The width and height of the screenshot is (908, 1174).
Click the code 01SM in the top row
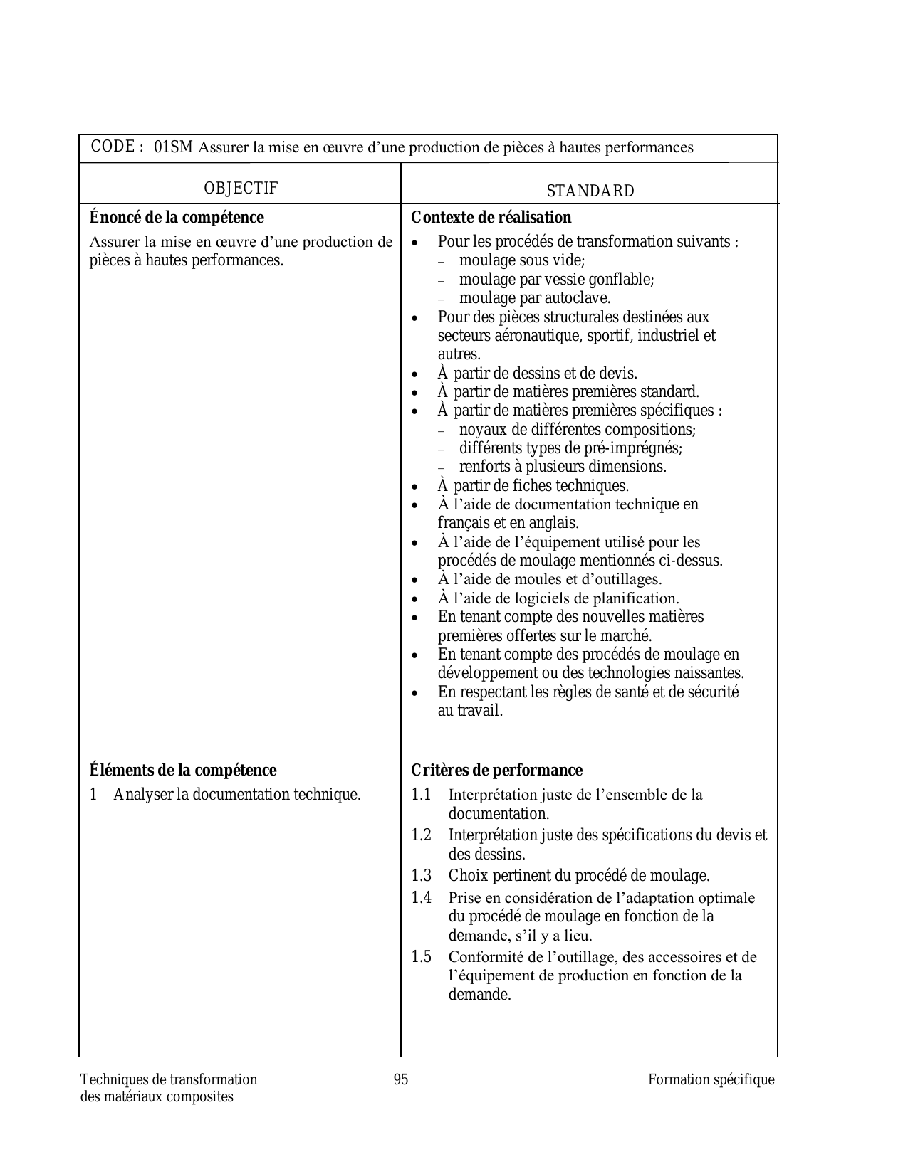(x=173, y=147)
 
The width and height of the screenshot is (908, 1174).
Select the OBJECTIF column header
(x=241, y=188)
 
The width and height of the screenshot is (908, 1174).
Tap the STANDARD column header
(x=590, y=191)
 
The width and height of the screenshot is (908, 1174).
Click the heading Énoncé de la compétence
(x=177, y=217)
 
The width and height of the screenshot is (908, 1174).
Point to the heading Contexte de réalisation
(x=491, y=217)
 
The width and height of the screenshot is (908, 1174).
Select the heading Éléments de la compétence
(x=183, y=770)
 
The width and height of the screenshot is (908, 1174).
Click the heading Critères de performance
(x=497, y=770)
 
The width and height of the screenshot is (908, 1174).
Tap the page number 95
(x=401, y=1079)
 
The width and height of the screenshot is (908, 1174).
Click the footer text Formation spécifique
(x=711, y=1079)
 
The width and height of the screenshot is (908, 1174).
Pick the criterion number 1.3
(x=422, y=875)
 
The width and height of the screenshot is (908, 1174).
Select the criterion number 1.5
(x=422, y=956)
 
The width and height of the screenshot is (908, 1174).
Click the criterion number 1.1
(x=422, y=794)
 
